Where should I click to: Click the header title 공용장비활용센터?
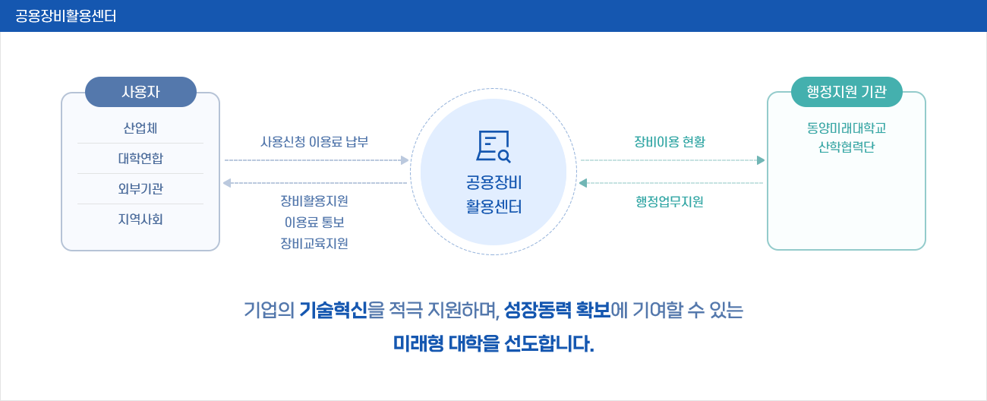click(65, 16)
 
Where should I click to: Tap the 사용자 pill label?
click(140, 92)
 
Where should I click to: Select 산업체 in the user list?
click(140, 128)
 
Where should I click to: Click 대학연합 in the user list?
click(140, 158)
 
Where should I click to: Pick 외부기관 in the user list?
click(140, 188)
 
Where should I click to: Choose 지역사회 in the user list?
click(140, 219)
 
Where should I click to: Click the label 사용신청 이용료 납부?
click(314, 142)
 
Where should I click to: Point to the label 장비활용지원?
click(314, 201)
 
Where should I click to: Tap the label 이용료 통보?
click(314, 222)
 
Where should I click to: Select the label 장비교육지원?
click(314, 243)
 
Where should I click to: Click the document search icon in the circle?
click(493, 147)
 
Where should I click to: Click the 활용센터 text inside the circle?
click(493, 207)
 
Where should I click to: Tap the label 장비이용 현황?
click(670, 142)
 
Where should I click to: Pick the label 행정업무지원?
click(670, 202)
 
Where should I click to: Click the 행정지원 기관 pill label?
click(847, 92)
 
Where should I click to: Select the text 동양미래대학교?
click(847, 128)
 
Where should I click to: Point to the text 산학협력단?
click(847, 147)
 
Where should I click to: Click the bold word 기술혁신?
click(333, 310)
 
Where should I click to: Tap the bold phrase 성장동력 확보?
click(557, 310)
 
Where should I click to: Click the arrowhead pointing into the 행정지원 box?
click(761, 160)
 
